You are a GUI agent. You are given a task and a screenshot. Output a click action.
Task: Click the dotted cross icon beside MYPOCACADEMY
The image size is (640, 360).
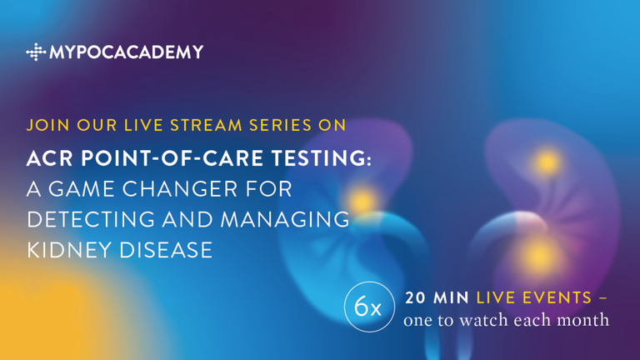click(x=36, y=52)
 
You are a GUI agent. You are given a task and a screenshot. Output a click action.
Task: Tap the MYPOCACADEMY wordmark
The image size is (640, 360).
click(x=126, y=52)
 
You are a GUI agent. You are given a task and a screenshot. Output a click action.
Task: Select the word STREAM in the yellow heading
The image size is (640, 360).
click(x=206, y=125)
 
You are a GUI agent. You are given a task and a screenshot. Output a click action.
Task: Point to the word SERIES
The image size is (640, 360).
click(x=280, y=125)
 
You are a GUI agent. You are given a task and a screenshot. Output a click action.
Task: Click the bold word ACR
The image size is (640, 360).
click(x=50, y=158)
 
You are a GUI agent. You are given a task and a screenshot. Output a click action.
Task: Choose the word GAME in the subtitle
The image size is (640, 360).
click(x=82, y=189)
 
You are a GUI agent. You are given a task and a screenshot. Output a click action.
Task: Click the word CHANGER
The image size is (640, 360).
click(x=180, y=189)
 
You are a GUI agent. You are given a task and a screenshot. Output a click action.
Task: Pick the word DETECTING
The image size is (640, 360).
click(x=91, y=220)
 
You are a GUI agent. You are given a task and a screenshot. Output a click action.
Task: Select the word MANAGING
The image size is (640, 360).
click(x=285, y=220)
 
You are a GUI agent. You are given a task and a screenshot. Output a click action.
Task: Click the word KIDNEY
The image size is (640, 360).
click(x=69, y=250)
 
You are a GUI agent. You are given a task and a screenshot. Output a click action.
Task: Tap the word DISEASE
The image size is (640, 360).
click(x=166, y=250)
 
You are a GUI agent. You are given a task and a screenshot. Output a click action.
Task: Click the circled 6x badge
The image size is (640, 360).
click(x=369, y=307)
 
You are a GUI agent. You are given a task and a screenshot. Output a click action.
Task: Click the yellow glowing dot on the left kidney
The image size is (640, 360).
click(x=362, y=201)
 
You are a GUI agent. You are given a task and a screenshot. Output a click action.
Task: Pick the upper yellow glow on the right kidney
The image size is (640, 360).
click(x=547, y=162)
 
